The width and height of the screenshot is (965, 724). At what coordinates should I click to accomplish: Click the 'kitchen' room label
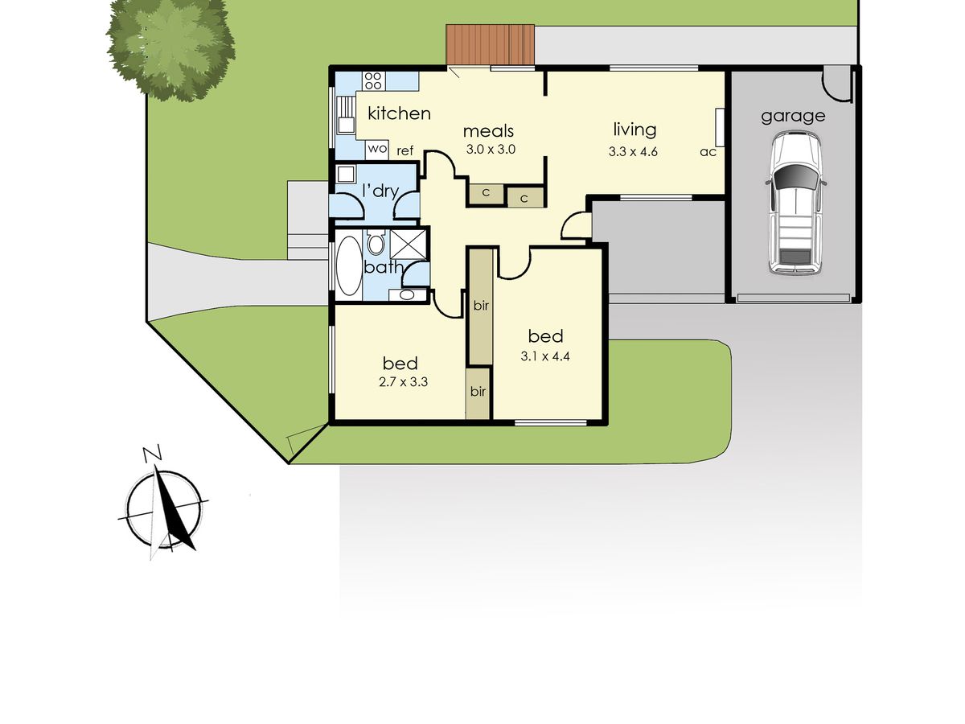pyautogui.click(x=399, y=113)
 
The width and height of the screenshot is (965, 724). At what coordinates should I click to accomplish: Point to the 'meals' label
pyautogui.click(x=488, y=131)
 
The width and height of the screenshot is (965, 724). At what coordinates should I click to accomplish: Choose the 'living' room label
pyautogui.click(x=634, y=129)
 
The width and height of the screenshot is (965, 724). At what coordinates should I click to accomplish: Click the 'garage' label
pyautogui.click(x=793, y=116)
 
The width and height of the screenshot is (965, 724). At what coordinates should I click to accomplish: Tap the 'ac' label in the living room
pyautogui.click(x=708, y=151)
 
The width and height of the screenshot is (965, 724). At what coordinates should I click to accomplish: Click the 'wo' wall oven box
pyautogui.click(x=377, y=149)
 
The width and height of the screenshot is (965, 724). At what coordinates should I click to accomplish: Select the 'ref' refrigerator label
pyautogui.click(x=405, y=150)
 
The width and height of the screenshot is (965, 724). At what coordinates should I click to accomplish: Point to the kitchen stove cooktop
pyautogui.click(x=373, y=80)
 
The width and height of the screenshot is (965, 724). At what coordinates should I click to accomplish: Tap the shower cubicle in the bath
pyautogui.click(x=409, y=244)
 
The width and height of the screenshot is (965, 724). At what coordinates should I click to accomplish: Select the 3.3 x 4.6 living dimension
pyautogui.click(x=634, y=150)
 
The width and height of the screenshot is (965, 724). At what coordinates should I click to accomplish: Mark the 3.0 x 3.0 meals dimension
pyautogui.click(x=490, y=149)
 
